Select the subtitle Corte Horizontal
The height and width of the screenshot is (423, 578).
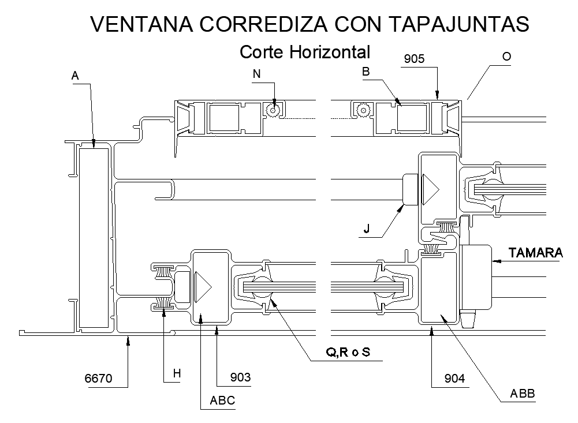tap(304, 52)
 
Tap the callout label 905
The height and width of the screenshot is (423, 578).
tap(414, 59)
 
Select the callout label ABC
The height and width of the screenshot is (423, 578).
tap(222, 400)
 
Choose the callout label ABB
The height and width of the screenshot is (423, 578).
tap(523, 394)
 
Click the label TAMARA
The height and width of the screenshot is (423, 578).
tap(535, 253)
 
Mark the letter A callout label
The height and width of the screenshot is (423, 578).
tap(74, 75)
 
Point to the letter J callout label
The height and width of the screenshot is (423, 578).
tap(367, 229)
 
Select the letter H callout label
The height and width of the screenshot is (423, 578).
tap(177, 374)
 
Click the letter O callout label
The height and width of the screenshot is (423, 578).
tap(506, 57)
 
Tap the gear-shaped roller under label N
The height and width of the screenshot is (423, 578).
tap(272, 109)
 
